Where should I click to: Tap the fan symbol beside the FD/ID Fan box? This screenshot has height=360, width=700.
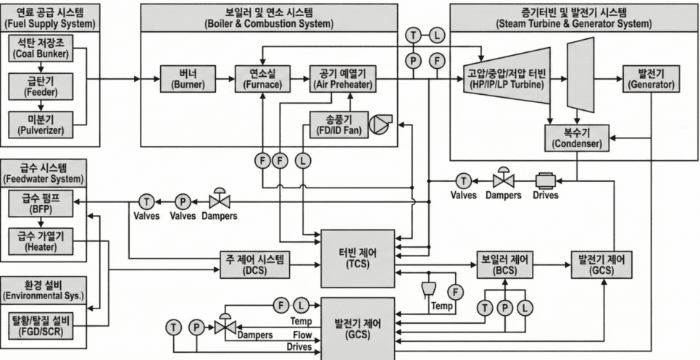coord(379,125)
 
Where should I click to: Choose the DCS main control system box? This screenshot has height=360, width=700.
coord(256,264)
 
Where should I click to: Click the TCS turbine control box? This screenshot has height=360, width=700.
coord(357,258)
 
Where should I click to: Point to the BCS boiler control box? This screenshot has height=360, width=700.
coord(505,264)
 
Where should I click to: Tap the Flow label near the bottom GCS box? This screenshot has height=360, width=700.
coord(302,335)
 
